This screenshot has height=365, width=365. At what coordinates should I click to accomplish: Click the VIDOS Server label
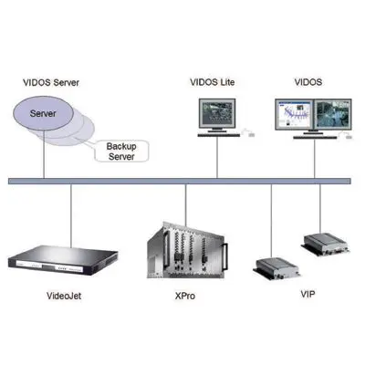[51, 81]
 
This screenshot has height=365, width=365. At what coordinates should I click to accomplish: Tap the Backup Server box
[121, 151]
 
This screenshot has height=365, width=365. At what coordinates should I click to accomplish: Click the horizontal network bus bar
[182, 181]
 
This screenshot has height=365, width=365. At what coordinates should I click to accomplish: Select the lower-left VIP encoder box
[277, 267]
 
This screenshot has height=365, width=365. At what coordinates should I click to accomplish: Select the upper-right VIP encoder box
[327, 243]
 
